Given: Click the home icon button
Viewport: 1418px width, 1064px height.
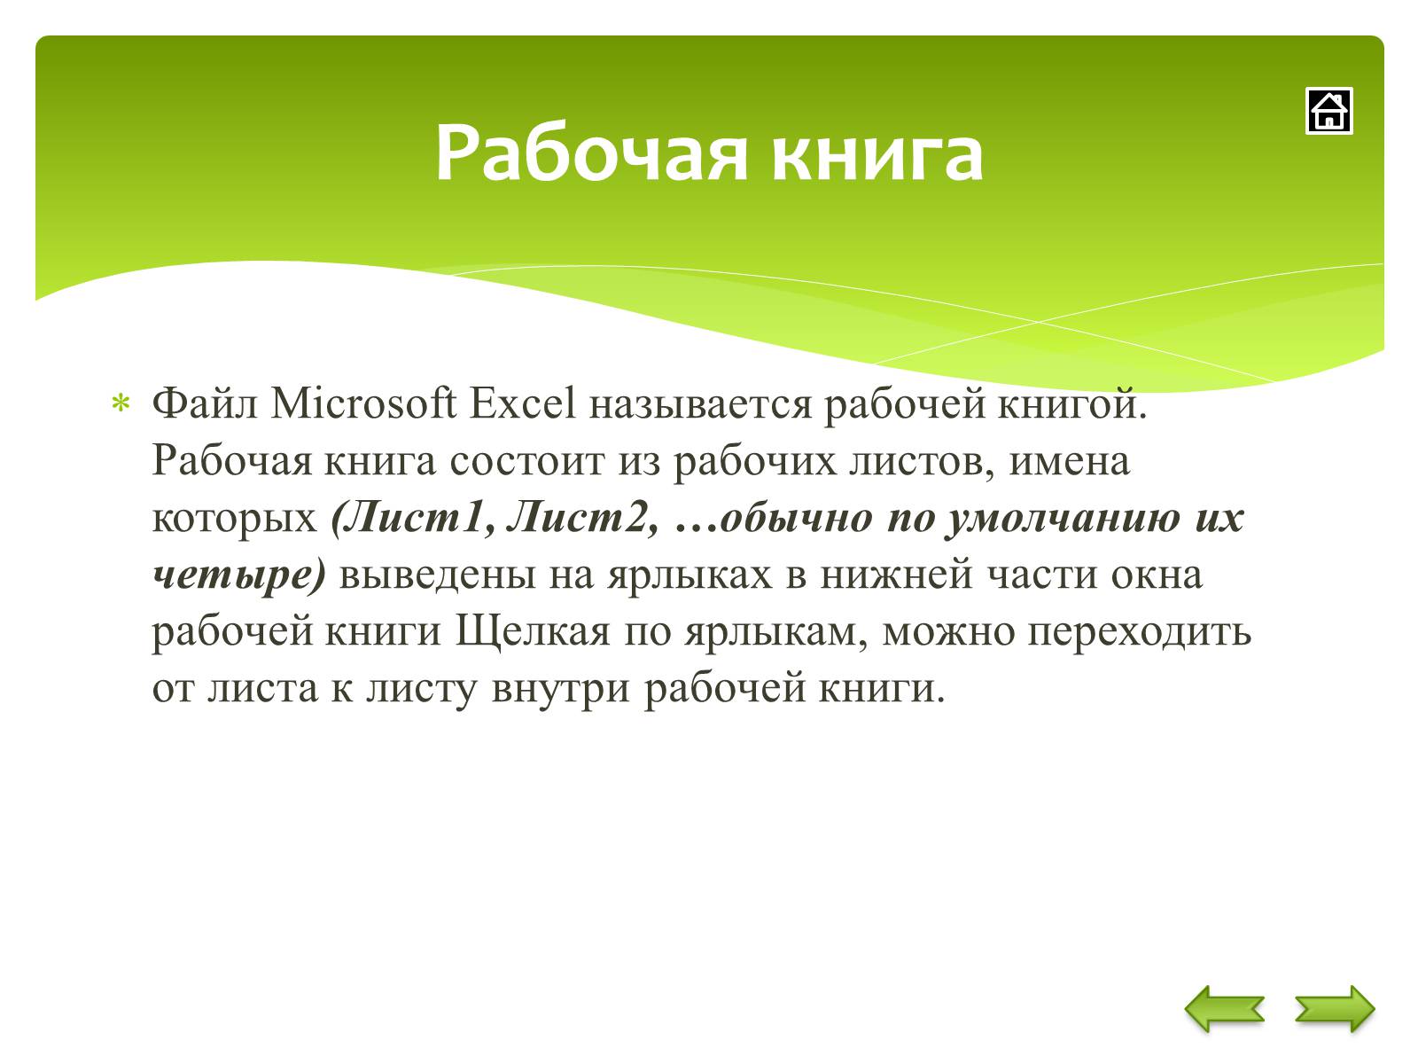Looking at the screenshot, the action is (1328, 111).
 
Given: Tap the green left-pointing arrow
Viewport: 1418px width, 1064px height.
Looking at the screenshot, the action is (1224, 1008).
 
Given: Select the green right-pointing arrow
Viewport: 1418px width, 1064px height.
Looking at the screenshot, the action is (1335, 1008).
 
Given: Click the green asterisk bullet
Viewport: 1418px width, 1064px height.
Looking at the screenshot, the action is (121, 403).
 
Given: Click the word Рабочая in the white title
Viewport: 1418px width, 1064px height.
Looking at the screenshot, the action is (592, 153).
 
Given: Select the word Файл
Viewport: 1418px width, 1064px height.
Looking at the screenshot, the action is (204, 403).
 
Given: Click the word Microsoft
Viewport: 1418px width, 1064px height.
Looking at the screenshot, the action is (363, 403).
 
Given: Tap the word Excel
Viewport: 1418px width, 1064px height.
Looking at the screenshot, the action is (522, 403).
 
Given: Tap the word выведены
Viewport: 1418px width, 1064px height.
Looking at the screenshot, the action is (437, 575).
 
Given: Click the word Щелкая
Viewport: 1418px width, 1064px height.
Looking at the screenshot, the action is (533, 632).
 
